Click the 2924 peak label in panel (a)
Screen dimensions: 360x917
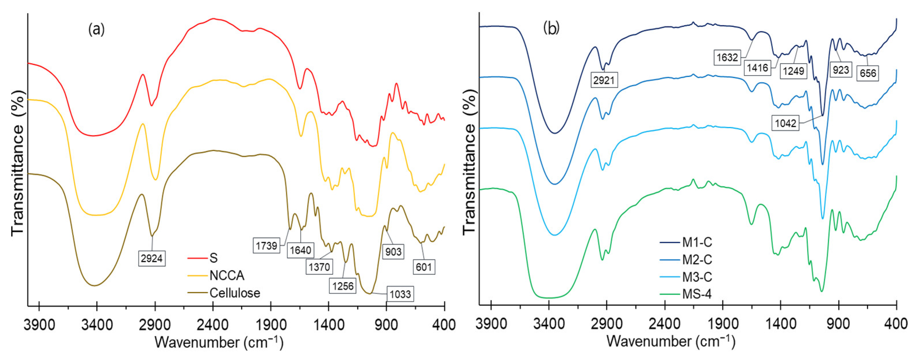point(152,258)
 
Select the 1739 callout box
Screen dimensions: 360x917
point(266,246)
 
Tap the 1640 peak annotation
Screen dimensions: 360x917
point(300,250)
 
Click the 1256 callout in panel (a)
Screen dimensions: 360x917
point(343,286)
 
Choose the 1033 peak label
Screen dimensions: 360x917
point(400,294)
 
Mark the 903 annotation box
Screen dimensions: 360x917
point(393,252)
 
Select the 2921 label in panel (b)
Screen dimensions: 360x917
point(604,80)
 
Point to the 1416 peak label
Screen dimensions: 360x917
point(757,68)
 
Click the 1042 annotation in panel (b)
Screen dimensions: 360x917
point(785,123)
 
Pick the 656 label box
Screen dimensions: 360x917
point(868,73)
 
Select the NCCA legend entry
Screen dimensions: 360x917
point(227,276)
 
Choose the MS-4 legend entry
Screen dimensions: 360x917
point(696,294)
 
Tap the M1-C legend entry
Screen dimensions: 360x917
point(697,242)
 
